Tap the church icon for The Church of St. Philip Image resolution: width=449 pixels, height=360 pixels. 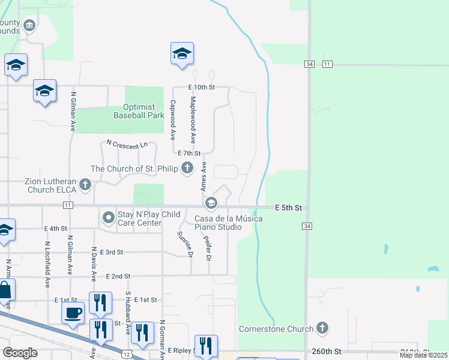pos(187,169)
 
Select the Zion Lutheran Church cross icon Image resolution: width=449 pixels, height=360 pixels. pos(85,185)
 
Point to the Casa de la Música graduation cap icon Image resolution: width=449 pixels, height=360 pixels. pos(211,205)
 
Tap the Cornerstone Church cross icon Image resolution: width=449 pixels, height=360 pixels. pos(322,328)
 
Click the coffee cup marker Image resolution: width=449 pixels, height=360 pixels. pos(73,312)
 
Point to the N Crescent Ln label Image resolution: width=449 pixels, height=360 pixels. pos(127,145)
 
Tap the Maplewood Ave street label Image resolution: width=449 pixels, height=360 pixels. pos(193,120)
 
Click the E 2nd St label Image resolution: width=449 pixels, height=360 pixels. pos(118,276)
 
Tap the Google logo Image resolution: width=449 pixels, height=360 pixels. pos(20,353)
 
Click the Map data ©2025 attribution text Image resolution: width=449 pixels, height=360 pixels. pos(423,355)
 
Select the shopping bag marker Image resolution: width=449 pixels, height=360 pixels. pos(5,291)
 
